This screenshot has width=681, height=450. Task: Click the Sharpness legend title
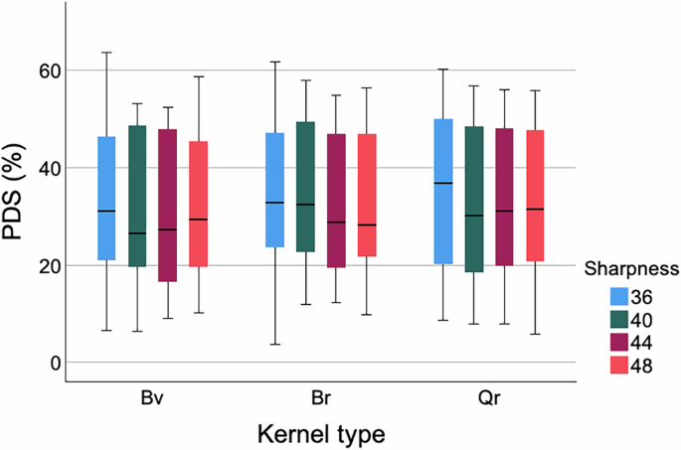(x=630, y=268)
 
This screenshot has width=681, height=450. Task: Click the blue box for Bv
(x=106, y=198)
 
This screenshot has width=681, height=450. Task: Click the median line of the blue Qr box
(x=443, y=183)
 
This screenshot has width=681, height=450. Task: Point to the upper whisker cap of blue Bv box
(x=106, y=52)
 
